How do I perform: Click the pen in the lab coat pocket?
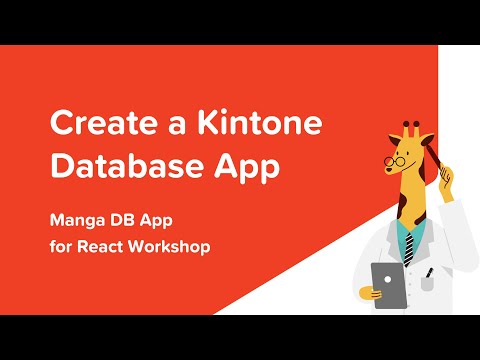429,273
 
